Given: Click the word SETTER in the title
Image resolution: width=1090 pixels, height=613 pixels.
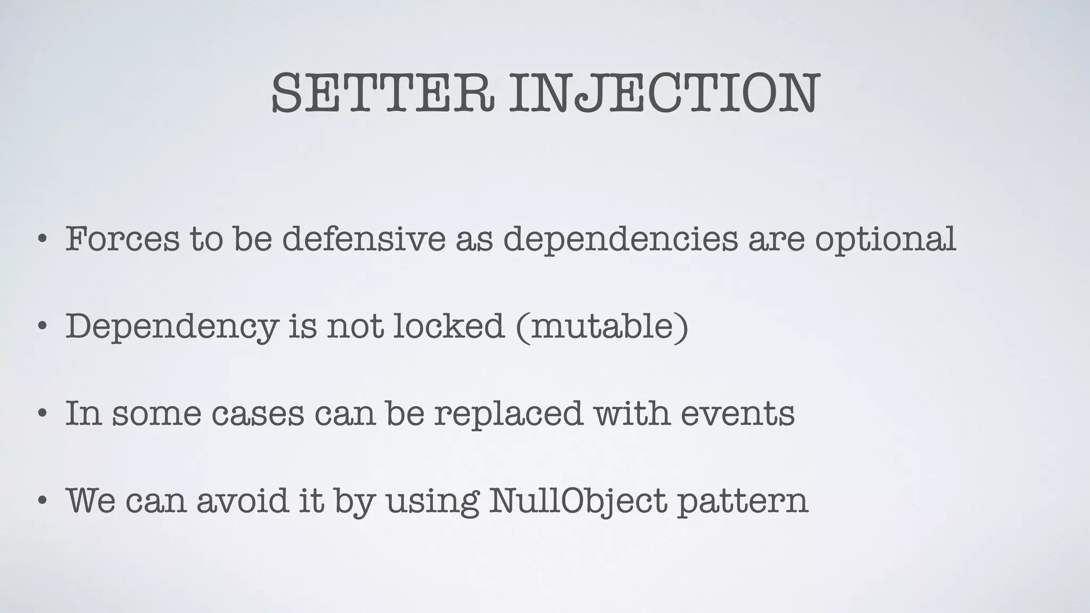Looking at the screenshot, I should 382,94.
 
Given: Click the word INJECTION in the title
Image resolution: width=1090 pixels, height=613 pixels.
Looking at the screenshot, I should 663,94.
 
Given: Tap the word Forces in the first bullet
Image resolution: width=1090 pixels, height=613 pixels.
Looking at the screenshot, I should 122,239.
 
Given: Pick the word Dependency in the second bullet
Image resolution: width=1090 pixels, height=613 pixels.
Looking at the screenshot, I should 171,327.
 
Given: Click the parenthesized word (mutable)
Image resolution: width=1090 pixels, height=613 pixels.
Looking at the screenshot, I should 602,327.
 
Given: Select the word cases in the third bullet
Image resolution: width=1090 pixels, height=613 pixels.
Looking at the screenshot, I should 258,413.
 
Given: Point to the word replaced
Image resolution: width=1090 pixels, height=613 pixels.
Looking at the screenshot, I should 509,413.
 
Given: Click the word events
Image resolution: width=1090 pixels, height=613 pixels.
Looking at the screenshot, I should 738,413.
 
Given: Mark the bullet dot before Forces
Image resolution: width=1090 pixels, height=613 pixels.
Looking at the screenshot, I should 42,240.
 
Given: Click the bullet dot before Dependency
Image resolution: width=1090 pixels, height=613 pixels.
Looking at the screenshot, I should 42,327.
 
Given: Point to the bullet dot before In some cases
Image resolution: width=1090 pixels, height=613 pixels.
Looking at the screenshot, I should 42,413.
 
